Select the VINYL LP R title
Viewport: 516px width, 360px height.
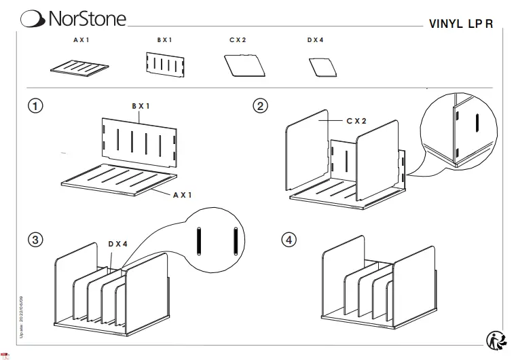(x=461, y=23)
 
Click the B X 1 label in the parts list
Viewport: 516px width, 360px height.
(x=165, y=41)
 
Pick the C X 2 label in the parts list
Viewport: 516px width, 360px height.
(x=238, y=41)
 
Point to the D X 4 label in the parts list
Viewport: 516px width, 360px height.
(x=315, y=41)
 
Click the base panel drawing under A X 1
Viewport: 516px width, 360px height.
(x=80, y=68)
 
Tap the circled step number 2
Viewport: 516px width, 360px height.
(x=260, y=106)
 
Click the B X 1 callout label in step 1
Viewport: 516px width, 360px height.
(x=141, y=106)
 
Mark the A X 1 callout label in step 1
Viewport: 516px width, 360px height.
(x=183, y=194)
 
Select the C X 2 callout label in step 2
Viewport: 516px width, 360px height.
(x=356, y=121)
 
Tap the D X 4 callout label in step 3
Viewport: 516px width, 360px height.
(x=118, y=243)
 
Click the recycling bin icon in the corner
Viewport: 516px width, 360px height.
(x=496, y=340)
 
